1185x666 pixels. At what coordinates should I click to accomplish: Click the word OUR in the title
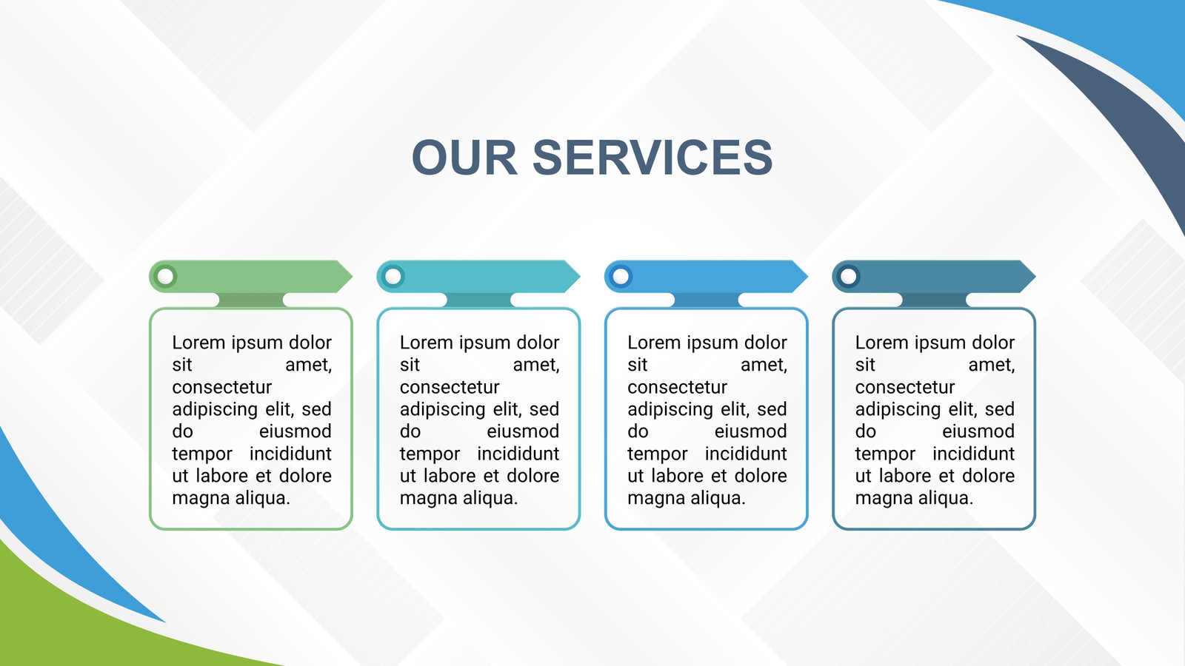pos(464,157)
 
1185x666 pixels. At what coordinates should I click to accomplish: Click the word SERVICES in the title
pos(652,157)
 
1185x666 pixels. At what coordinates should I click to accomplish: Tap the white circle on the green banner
pos(166,276)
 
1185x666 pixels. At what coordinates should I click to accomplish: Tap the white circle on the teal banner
pos(393,276)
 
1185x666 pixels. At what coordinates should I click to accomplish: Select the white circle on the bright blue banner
pos(621,276)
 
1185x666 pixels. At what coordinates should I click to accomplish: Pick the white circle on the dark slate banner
pos(849,276)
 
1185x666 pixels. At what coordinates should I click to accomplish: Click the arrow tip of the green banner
pos(353,276)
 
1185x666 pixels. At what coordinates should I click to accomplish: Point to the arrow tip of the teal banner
pos(580,276)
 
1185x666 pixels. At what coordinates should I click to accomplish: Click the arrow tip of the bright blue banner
pos(807,276)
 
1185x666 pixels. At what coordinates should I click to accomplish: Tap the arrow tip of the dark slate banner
pos(1035,276)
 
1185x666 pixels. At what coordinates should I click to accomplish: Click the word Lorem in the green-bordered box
pos(199,343)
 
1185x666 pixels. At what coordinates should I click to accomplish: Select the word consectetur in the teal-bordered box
pos(450,388)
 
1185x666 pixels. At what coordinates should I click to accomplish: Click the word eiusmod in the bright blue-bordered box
pos(751,431)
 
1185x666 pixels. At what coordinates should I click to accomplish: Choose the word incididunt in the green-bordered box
pos(290,454)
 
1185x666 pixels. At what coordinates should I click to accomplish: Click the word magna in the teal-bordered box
pos(424,499)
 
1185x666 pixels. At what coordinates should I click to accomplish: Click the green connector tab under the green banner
pos(251,300)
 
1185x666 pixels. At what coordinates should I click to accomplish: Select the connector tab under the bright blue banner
pos(707,300)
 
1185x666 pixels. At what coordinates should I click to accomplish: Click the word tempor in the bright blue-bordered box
pos(658,454)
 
